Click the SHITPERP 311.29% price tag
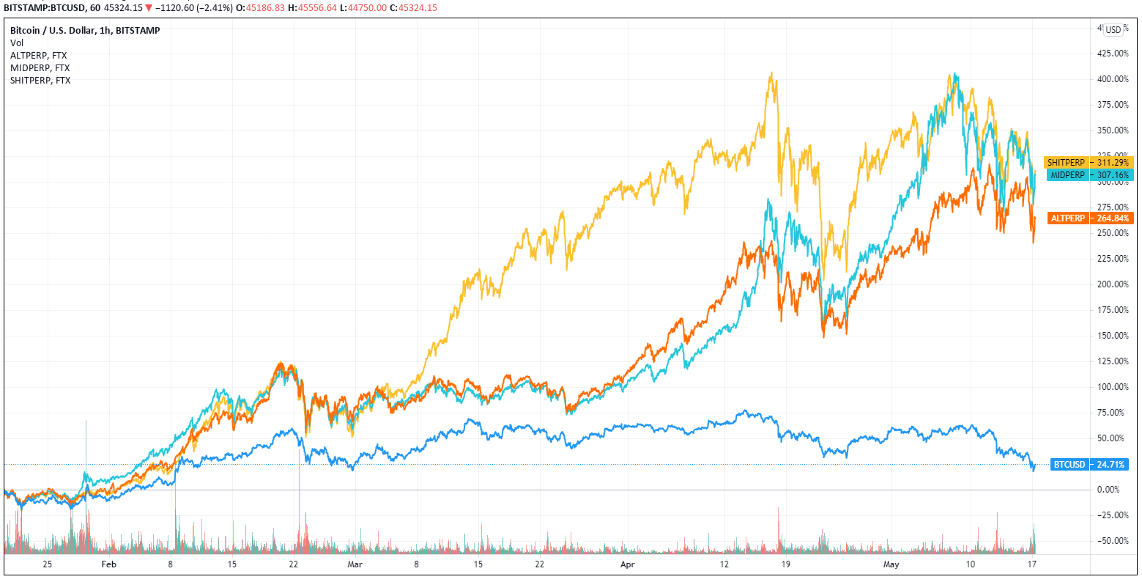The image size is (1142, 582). tap(1089, 162)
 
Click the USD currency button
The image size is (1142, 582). tap(1113, 30)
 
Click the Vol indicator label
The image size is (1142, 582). tap(17, 43)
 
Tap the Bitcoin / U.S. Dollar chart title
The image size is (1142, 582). tap(84, 30)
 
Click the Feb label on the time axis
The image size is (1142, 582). tap(108, 564)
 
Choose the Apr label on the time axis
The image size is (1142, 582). tap(628, 564)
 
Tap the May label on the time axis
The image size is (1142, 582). tap(891, 564)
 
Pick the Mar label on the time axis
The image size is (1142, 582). tap(355, 564)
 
